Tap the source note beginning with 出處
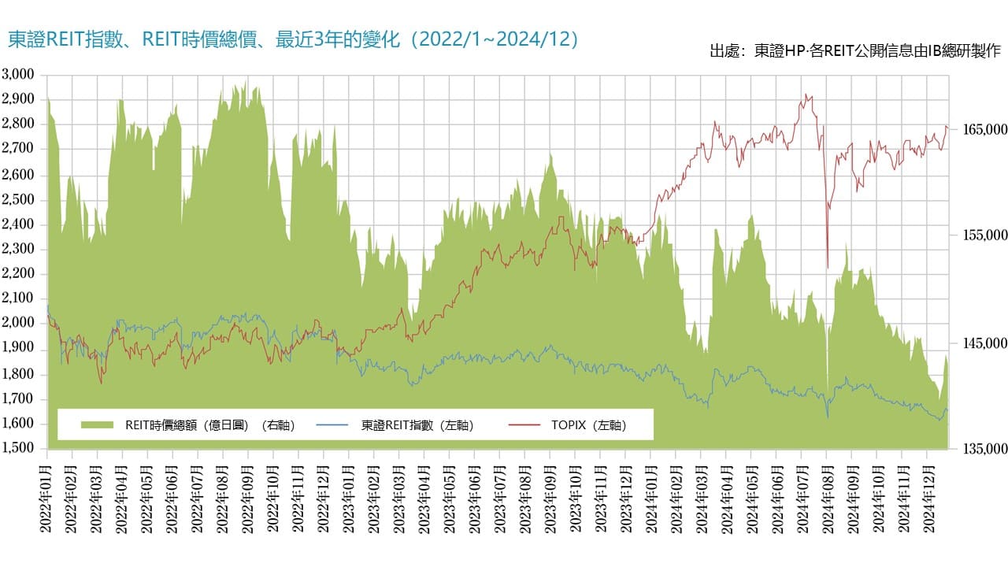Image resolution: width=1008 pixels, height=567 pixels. [854, 51]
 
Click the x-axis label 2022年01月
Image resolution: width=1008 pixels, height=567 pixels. [47, 496]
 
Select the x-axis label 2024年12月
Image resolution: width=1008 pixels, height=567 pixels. [925, 496]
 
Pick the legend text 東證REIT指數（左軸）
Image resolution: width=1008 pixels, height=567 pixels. [417, 425]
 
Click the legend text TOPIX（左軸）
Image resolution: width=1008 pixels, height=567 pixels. [589, 425]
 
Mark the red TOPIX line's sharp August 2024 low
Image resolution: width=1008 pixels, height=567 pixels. [827, 266]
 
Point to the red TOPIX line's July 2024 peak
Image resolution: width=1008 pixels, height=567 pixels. [805, 95]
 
